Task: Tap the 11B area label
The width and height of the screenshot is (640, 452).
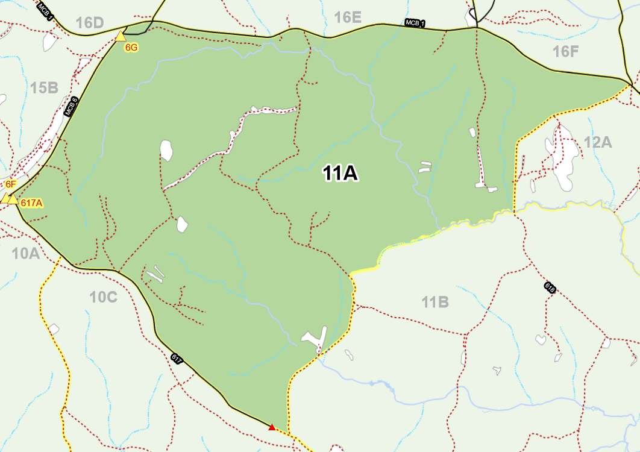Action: (435, 302)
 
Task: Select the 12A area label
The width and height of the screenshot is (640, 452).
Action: (597, 142)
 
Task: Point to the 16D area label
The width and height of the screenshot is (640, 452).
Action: (90, 23)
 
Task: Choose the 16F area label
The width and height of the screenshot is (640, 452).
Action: (566, 51)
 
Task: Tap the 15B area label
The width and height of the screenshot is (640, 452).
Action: (44, 89)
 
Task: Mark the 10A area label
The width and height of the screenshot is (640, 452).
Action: (25, 254)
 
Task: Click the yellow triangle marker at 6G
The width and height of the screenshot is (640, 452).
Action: (121, 36)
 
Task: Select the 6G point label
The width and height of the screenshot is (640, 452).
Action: (131, 47)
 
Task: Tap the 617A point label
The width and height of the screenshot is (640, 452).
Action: (31, 203)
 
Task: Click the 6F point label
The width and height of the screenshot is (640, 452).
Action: (11, 184)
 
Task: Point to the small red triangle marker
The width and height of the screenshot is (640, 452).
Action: (272, 427)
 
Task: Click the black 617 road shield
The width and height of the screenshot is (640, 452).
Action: (177, 359)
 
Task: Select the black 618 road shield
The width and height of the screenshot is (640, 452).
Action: (549, 288)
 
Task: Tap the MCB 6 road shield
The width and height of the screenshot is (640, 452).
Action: (71, 106)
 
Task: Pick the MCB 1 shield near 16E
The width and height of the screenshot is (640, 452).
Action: (415, 24)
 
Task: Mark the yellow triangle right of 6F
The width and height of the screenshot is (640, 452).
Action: (14, 199)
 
